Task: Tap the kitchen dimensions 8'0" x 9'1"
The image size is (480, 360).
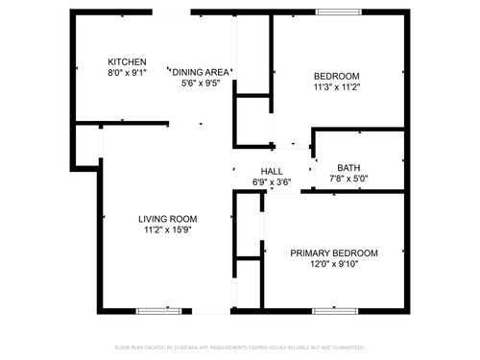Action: tap(127, 72)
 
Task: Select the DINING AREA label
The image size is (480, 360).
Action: tap(201, 72)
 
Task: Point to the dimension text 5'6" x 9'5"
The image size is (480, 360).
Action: tap(201, 84)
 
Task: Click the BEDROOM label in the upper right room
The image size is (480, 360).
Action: tap(336, 77)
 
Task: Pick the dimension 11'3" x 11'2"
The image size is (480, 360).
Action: tap(336, 88)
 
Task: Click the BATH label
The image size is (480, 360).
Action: tap(348, 167)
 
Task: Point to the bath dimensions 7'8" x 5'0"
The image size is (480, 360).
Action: tap(348, 179)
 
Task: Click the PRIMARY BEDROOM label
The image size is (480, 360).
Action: tap(334, 253)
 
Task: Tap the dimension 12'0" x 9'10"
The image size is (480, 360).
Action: tap(334, 265)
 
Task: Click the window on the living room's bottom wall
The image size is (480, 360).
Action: tap(153, 310)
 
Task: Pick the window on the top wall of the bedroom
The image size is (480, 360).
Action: tap(333, 12)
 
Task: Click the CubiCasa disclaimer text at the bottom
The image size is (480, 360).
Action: tap(240, 347)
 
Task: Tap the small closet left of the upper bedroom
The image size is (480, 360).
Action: tap(253, 120)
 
